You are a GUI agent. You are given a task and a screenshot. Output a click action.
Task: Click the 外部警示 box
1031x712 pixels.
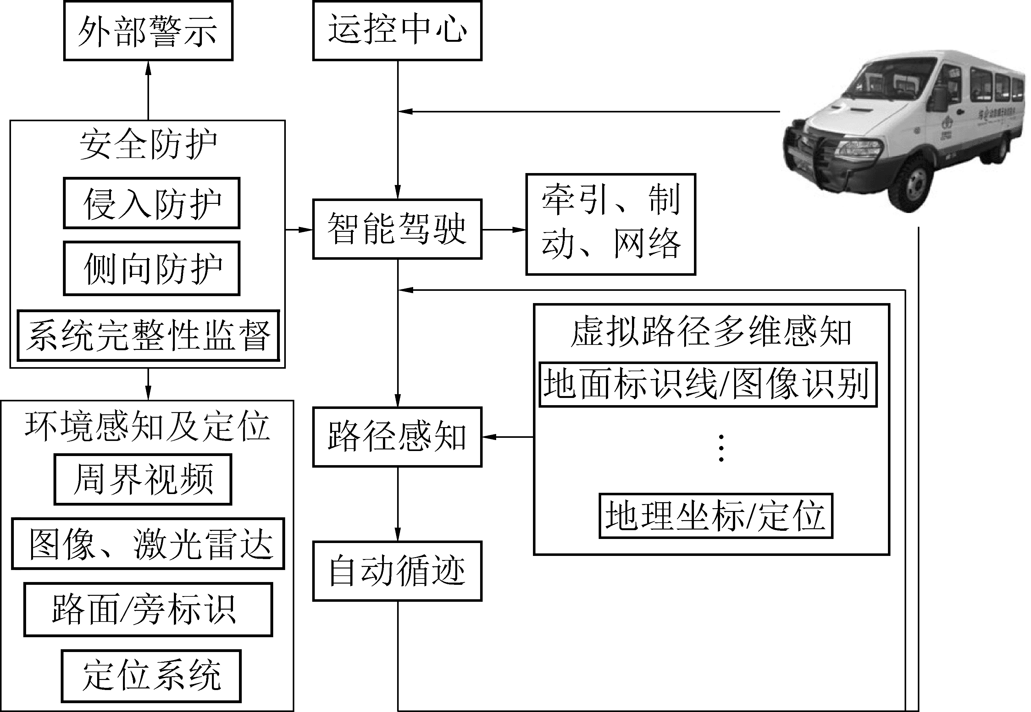coord(148,31)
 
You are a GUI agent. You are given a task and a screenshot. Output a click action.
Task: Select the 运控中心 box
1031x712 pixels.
coord(397,30)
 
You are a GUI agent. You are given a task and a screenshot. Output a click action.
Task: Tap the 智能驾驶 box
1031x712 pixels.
coord(397,229)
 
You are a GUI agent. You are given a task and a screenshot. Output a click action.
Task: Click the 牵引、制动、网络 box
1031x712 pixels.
coord(610,224)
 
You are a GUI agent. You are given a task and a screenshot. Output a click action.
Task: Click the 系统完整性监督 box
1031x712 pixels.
coord(148,335)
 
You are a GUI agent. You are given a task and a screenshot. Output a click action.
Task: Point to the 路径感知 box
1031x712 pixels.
coord(397,437)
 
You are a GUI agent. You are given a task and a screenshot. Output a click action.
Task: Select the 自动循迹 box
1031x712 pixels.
coord(397,571)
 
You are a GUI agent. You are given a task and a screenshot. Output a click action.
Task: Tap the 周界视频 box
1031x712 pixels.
coord(143,480)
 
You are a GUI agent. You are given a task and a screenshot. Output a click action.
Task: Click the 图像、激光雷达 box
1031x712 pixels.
coord(148,544)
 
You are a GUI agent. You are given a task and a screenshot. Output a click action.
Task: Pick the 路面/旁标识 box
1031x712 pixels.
coord(148,609)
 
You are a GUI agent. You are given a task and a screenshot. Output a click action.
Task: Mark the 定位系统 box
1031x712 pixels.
coord(151,676)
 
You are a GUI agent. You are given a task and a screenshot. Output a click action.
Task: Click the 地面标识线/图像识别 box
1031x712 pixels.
coord(708,384)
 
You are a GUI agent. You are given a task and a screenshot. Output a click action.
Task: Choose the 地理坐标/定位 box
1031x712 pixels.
coord(715,516)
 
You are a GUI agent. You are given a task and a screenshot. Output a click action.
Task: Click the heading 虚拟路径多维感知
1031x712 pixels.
coord(711,332)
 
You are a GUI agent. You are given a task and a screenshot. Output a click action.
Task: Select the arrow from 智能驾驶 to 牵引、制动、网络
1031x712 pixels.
coord(504,230)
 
